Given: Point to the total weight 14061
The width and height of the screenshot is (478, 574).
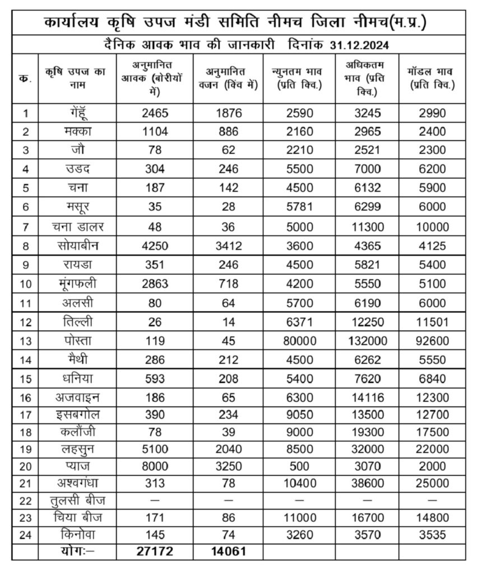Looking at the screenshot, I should (x=228, y=551).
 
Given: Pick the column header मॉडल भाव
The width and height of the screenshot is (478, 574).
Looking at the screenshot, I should (x=432, y=78).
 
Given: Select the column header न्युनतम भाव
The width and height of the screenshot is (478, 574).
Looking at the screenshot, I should (x=299, y=78).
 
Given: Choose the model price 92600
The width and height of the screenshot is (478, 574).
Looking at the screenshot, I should (x=431, y=340).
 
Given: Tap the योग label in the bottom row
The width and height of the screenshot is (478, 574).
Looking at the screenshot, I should (x=77, y=551).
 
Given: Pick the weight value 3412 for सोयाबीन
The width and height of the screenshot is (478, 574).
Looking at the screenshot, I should (x=228, y=246).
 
